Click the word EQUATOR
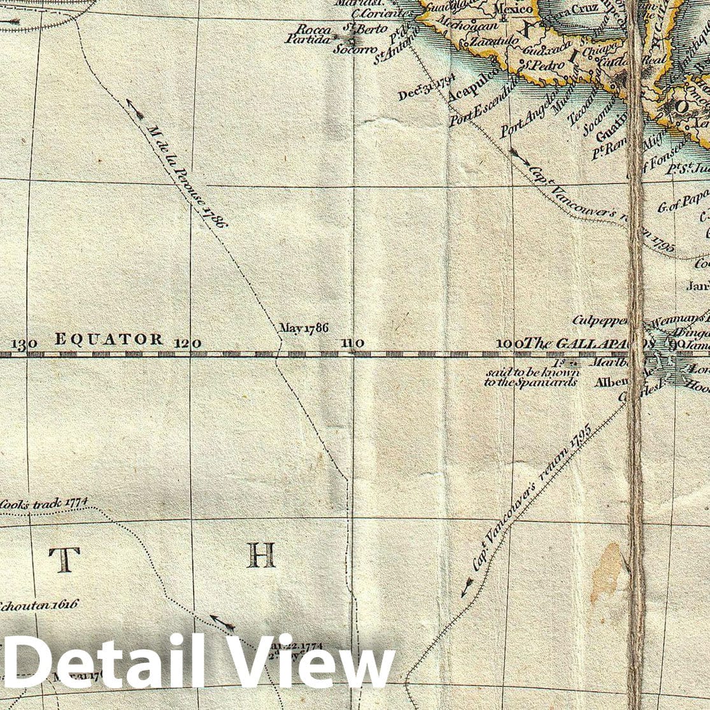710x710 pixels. click(108, 339)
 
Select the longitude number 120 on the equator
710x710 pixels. click(188, 343)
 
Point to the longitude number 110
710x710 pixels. click(352, 343)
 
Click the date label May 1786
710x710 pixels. click(304, 329)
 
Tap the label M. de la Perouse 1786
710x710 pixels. click(186, 176)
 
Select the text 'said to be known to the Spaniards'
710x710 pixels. click(531, 378)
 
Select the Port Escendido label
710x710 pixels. click(484, 101)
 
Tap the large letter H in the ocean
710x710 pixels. click(261, 555)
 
